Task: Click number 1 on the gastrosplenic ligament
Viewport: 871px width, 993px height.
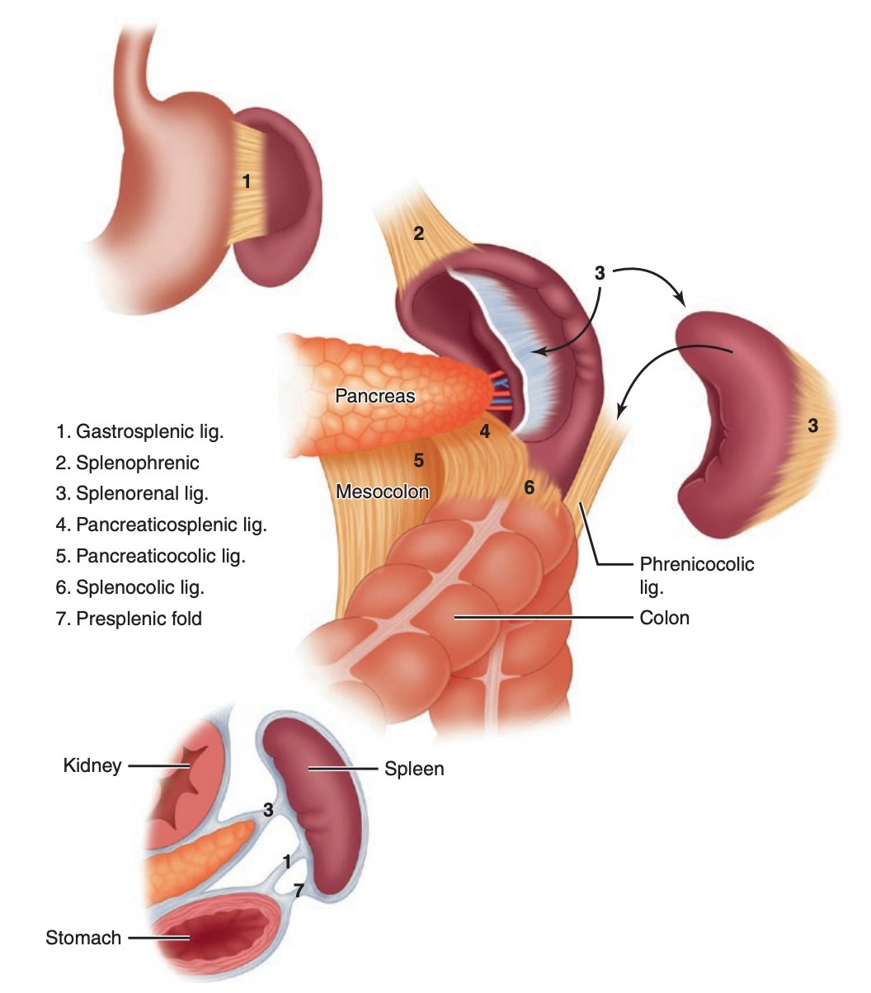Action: [x=246, y=180]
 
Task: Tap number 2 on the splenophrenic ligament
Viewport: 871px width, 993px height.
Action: [x=419, y=233]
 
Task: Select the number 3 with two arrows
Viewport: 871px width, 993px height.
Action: [x=600, y=272]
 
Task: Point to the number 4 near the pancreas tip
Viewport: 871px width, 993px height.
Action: [x=485, y=431]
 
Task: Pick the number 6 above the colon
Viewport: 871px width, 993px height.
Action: [x=529, y=487]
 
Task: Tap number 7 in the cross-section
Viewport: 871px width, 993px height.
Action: [x=299, y=890]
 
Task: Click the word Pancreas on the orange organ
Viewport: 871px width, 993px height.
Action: [x=375, y=396]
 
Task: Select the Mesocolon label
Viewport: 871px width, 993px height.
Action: [x=383, y=492]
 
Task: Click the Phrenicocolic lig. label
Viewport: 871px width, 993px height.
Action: [x=696, y=575]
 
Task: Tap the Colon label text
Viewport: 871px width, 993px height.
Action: [x=665, y=617]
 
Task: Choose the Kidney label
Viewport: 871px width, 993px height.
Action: [x=92, y=766]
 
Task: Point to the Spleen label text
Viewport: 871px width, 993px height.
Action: [x=414, y=769]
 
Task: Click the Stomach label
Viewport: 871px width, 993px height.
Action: [x=83, y=938]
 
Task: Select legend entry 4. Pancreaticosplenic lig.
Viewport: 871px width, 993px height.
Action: [x=162, y=524]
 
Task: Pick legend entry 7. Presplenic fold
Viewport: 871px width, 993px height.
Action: [x=129, y=618]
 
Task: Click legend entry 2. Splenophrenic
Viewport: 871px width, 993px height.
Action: [x=128, y=463]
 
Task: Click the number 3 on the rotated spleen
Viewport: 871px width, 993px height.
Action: [x=812, y=426]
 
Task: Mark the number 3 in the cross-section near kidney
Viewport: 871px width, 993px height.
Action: [x=268, y=810]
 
